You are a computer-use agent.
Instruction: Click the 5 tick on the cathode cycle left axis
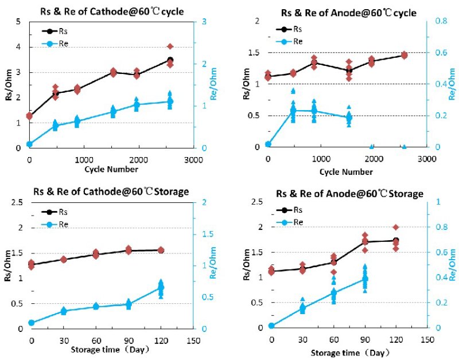tap(19, 22)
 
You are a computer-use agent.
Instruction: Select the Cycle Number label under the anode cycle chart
tap(346, 171)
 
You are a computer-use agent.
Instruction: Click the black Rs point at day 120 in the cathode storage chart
tap(161, 250)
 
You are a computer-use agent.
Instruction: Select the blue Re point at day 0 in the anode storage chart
tap(271, 326)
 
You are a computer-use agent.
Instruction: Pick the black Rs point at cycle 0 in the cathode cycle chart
tap(29, 116)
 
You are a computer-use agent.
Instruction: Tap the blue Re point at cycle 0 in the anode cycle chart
tap(268, 144)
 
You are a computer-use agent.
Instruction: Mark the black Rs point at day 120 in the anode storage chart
tap(395, 240)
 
